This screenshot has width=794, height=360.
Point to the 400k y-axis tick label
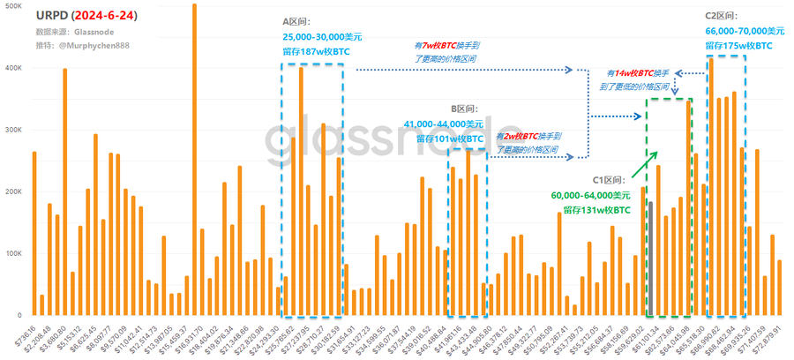(x=14, y=67)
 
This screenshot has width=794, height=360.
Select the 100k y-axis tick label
(x=14, y=253)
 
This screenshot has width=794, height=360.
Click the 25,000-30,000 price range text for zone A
(x=322, y=37)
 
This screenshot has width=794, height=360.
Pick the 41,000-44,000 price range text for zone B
(x=443, y=124)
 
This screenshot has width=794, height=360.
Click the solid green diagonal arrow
(x=646, y=164)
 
